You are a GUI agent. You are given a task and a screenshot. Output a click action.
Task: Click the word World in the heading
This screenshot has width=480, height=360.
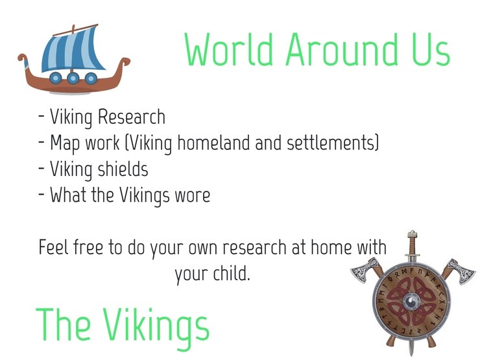(x=229, y=49)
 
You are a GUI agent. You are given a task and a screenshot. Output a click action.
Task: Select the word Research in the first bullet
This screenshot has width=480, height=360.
(x=131, y=117)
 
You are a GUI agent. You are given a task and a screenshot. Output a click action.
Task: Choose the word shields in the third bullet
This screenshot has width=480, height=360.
(x=123, y=169)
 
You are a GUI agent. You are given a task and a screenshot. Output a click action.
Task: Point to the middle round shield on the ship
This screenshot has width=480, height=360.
(x=73, y=78)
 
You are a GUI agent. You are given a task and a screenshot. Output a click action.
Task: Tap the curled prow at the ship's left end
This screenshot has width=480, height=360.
(x=23, y=60)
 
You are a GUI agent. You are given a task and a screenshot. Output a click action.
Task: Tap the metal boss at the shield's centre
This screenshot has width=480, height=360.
(x=411, y=302)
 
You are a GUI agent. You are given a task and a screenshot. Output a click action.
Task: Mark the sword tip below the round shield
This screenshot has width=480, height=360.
(x=411, y=355)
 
